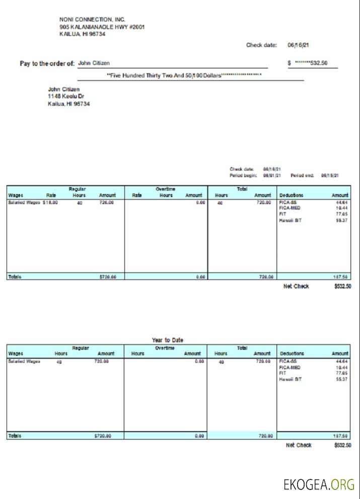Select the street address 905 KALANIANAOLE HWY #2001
pos(102,27)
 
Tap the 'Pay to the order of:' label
pos(47,63)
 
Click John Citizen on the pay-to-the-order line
pos(94,63)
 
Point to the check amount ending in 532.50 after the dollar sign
pos(311,63)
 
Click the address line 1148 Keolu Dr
pos(66,96)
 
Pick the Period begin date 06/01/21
pos(272,176)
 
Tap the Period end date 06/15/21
pos(330,176)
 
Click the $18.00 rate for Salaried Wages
pos(50,203)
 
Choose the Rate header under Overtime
pos(136,195)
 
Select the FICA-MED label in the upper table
pos(290,208)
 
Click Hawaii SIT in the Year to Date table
pos(291,379)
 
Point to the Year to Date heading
pos(168,340)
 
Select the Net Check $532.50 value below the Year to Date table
pos(342,445)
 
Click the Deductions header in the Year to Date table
pos(292,354)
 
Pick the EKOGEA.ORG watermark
pos(319,485)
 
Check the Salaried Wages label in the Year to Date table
pos(24,361)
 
